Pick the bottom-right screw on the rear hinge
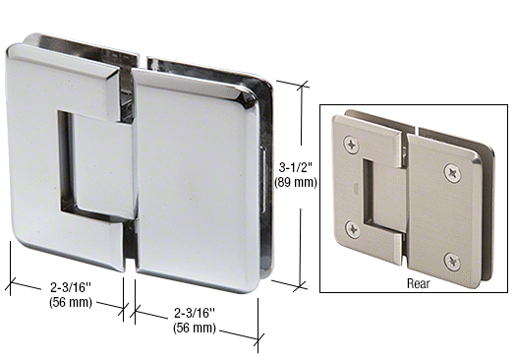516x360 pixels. click(x=453, y=261)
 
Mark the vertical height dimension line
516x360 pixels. click(x=299, y=128)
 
